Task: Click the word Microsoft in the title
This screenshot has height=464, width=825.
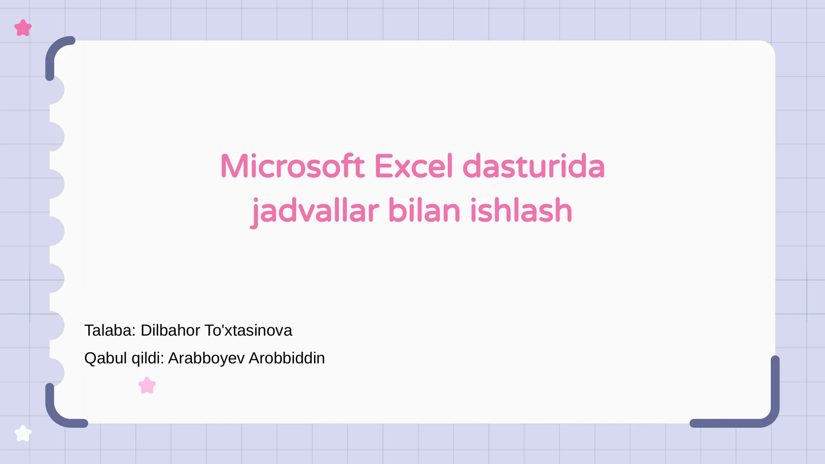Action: (292, 167)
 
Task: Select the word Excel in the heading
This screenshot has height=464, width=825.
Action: (414, 167)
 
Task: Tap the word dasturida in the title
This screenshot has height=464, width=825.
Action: (533, 167)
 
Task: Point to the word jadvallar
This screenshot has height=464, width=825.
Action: (315, 211)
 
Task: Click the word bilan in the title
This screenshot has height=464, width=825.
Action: (424, 211)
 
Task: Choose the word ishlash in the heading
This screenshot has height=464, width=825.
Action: (521, 211)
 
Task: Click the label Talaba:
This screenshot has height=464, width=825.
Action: (110, 330)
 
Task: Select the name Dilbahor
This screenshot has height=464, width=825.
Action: (170, 330)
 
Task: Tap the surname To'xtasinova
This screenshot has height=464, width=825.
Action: (248, 330)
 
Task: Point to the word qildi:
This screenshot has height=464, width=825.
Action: (147, 358)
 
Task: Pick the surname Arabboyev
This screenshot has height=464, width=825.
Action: (206, 358)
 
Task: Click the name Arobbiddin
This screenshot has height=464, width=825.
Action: (287, 358)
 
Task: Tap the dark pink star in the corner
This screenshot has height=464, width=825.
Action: (23, 28)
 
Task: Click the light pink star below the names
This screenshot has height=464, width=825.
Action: (147, 385)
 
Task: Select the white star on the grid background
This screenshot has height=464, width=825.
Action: (23, 434)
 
